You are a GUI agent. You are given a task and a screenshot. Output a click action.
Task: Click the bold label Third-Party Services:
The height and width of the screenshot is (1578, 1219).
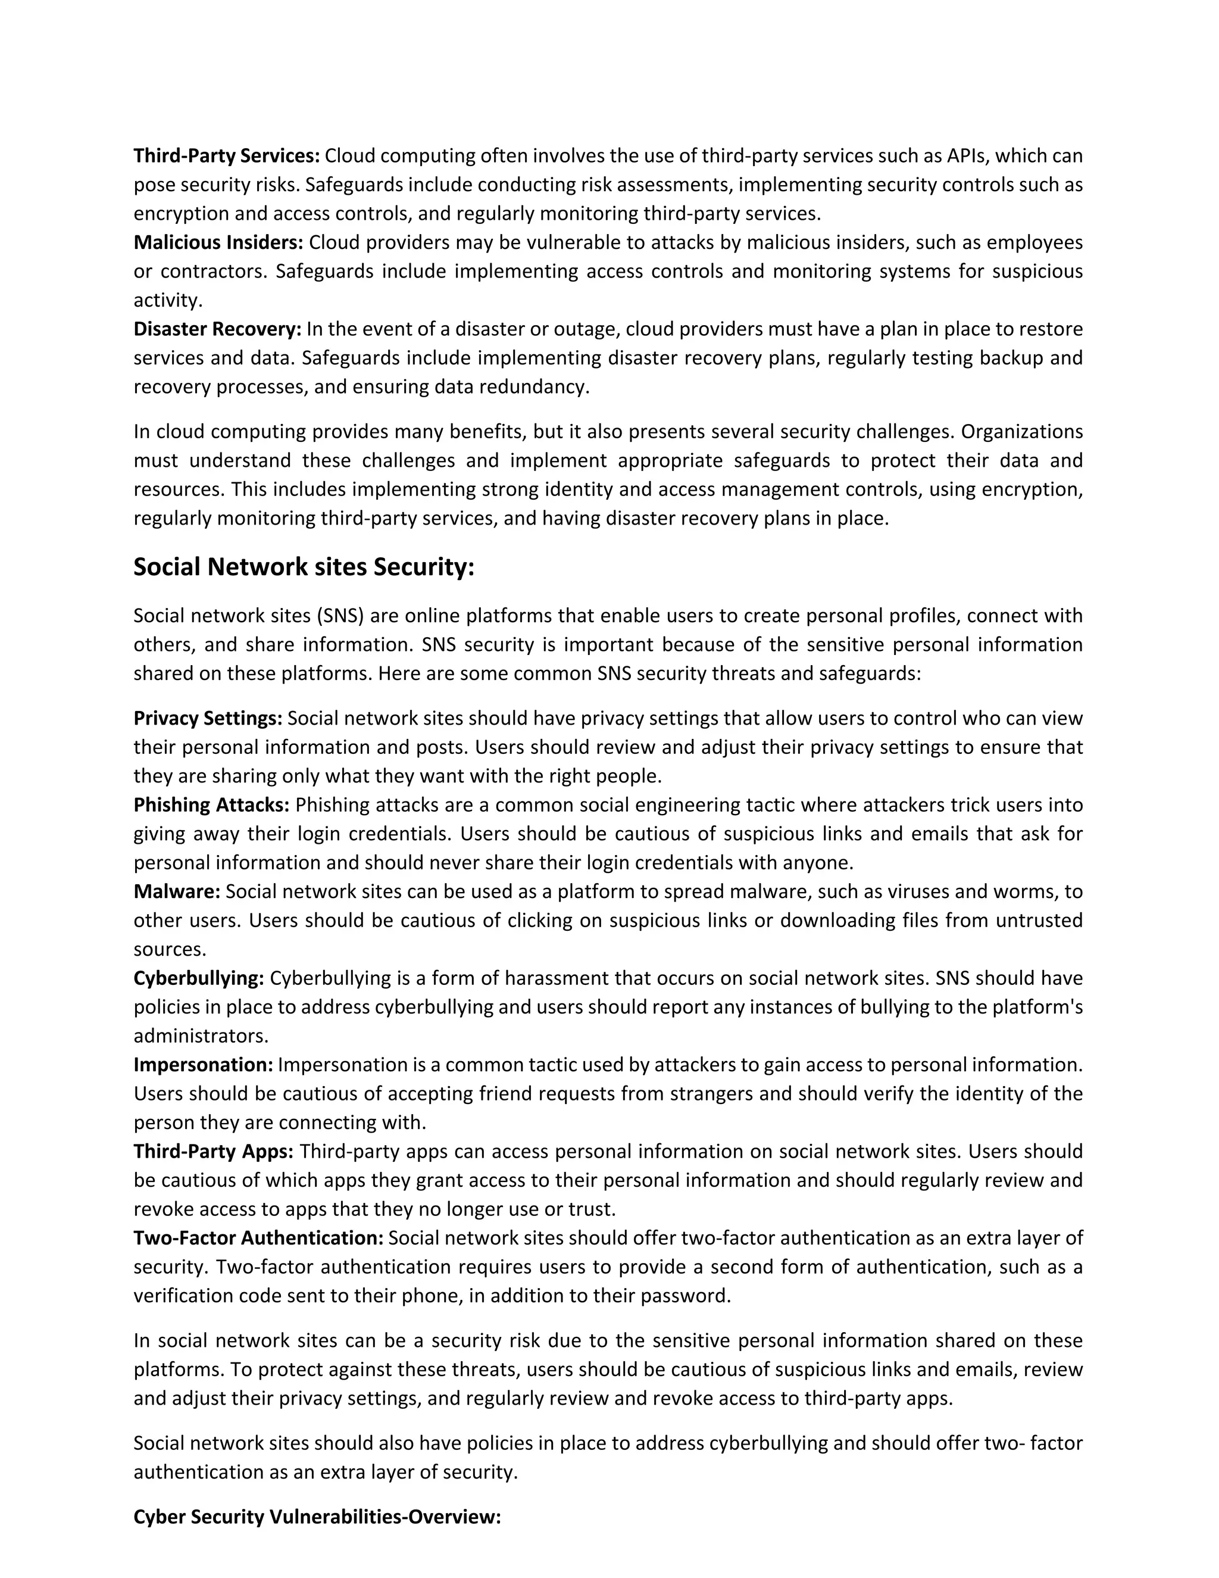click(226, 156)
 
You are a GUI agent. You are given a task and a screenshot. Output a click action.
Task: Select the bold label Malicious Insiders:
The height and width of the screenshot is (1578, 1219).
click(218, 243)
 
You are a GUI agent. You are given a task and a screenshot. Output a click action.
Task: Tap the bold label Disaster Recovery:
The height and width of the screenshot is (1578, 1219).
click(217, 329)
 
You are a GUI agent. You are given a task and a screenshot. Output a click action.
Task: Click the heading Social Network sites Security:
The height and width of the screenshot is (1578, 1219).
click(304, 567)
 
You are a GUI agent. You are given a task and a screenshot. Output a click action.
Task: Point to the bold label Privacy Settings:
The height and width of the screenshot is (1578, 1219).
click(208, 718)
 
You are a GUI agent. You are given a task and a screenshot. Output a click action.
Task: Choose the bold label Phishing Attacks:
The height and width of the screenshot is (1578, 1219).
click(211, 805)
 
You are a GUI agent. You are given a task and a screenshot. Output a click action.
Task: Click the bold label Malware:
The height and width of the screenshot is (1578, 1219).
click(177, 891)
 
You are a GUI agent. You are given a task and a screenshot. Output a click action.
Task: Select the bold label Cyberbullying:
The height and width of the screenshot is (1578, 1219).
click(199, 978)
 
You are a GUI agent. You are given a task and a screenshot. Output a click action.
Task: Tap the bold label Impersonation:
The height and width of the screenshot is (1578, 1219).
click(203, 1065)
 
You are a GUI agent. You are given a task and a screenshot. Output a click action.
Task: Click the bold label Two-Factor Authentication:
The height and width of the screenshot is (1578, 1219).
click(258, 1239)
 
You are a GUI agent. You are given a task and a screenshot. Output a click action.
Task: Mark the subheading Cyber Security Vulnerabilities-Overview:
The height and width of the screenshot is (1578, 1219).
click(317, 1517)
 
